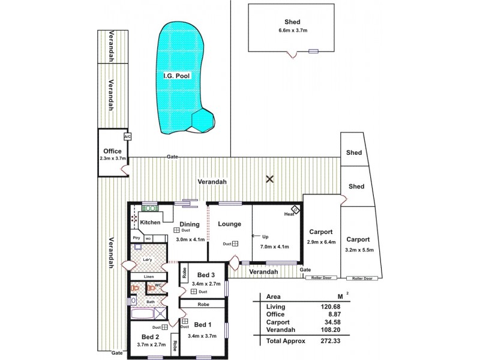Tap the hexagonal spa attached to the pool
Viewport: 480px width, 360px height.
click(x=202, y=121)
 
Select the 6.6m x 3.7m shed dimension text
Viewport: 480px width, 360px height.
click(x=293, y=31)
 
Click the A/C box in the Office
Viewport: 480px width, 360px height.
click(x=127, y=136)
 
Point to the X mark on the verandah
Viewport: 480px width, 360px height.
click(x=270, y=179)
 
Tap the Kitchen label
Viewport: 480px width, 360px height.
click(x=151, y=223)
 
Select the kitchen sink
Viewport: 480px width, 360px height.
click(x=149, y=208)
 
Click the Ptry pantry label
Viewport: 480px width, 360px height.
click(x=136, y=238)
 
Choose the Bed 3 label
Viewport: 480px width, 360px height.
click(x=206, y=274)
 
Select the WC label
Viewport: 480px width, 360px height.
click(x=158, y=285)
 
